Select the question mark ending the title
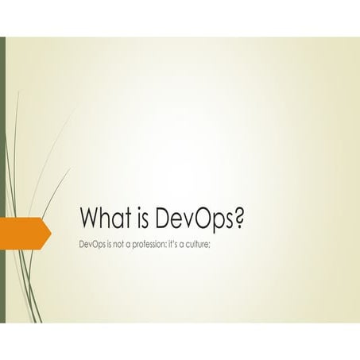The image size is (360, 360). pyautogui.click(x=237, y=217)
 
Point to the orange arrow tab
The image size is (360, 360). pyautogui.click(x=24, y=231)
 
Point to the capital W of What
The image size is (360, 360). pyautogui.click(x=91, y=217)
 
